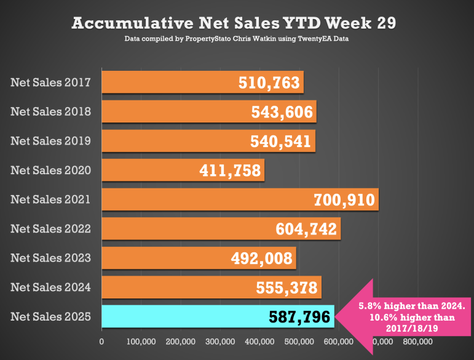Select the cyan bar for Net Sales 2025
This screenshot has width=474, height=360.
[x=184, y=317]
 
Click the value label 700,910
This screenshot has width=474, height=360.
[x=343, y=200]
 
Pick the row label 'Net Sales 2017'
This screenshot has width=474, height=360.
[x=50, y=82]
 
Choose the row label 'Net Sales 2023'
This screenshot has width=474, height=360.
[x=50, y=258]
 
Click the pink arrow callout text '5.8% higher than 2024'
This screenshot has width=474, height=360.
[x=413, y=306]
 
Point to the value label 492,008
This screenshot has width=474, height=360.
[x=263, y=258]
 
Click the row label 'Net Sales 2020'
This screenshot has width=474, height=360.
[x=50, y=170]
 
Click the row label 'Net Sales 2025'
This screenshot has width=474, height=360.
[x=50, y=316]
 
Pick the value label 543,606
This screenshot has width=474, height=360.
[x=282, y=113]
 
